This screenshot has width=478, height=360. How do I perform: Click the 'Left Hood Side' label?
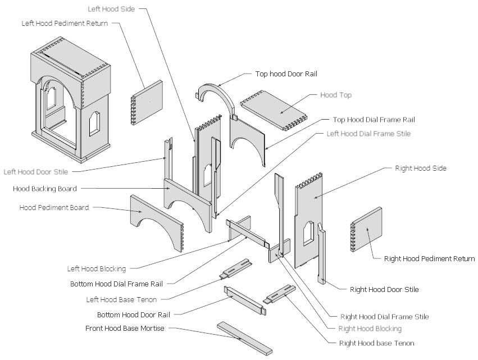click(x=111, y=10)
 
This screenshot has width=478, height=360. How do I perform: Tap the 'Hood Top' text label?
click(x=335, y=95)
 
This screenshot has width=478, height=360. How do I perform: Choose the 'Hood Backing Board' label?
click(x=44, y=189)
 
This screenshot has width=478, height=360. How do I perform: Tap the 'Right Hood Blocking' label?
click(x=370, y=329)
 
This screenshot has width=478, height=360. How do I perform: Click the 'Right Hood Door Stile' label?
click(x=384, y=290)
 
